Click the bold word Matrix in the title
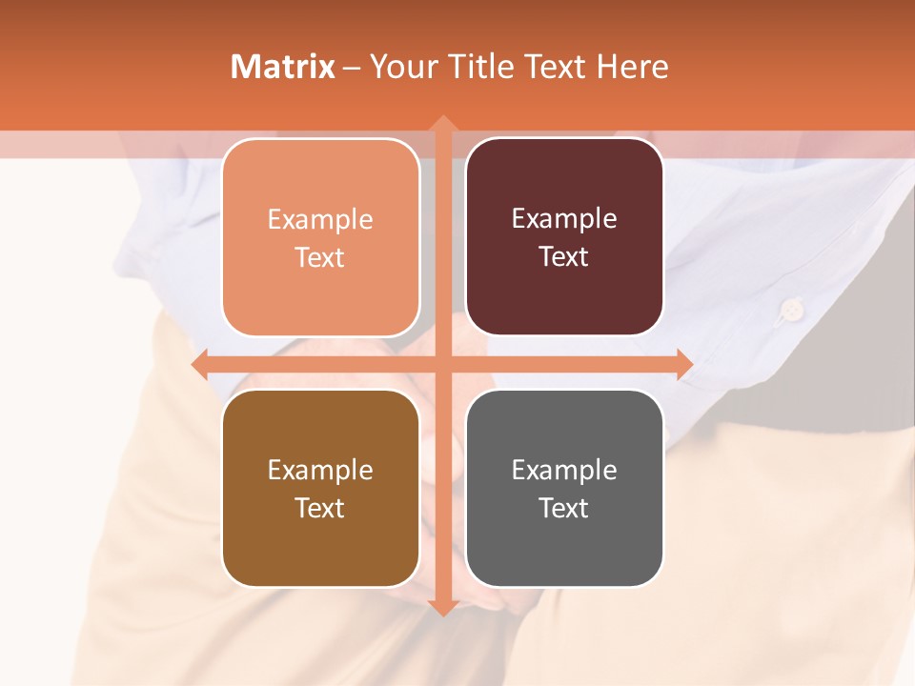(x=283, y=67)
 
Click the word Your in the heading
(x=405, y=67)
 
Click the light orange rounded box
(x=320, y=237)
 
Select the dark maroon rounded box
(x=564, y=236)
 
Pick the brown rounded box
(x=320, y=488)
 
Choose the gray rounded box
(x=564, y=488)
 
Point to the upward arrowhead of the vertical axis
(x=442, y=125)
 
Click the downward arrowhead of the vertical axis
(x=442, y=606)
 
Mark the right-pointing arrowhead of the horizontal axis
(x=682, y=364)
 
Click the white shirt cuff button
(x=789, y=308)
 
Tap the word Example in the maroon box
(x=564, y=218)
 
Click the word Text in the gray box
(x=564, y=508)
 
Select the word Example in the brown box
(x=320, y=470)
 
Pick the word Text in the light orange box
(x=320, y=257)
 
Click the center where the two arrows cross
(x=442, y=364)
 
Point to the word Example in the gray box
(x=564, y=470)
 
